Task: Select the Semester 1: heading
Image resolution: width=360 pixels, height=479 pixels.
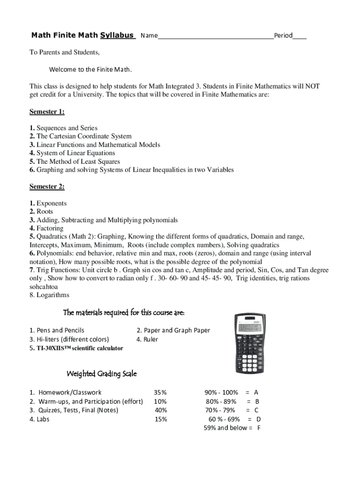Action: point(47,111)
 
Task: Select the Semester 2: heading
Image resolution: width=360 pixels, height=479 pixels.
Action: point(47,187)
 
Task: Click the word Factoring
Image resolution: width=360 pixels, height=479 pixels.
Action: point(50,228)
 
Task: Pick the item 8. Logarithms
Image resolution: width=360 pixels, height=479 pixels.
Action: point(49,295)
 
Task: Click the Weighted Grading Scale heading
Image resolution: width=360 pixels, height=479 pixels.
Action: point(101,374)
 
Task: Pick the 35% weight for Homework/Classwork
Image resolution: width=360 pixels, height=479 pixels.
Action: point(160,392)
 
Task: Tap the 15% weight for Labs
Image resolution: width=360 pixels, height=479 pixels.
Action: point(160,419)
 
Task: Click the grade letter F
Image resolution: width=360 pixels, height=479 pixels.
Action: point(259,428)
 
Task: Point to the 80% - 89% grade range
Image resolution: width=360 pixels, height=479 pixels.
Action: point(221,401)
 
